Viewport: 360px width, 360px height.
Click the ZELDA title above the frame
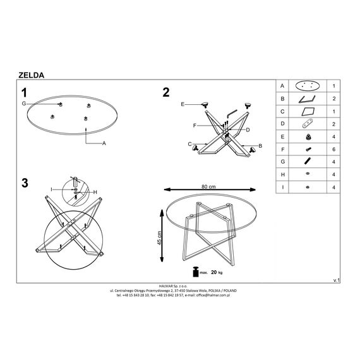(x=31, y=75)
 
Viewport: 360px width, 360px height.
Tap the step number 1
(x=24, y=93)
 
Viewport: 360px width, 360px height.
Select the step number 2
(x=165, y=92)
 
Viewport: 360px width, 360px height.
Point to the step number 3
(x=25, y=183)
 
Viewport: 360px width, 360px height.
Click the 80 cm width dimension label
(x=208, y=187)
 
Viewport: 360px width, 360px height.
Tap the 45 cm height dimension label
(x=160, y=238)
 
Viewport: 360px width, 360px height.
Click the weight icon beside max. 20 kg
(x=196, y=272)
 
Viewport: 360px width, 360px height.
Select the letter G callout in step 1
(x=24, y=104)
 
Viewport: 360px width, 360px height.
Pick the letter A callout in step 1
(x=104, y=143)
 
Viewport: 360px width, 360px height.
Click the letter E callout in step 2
(x=183, y=104)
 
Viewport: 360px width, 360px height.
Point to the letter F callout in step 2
(x=195, y=126)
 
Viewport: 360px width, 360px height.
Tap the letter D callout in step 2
(x=248, y=130)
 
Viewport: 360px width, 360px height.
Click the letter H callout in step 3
(x=95, y=192)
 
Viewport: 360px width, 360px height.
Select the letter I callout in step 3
(x=51, y=189)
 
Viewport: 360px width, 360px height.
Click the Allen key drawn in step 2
(x=231, y=113)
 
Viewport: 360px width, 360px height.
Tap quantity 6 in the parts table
(x=333, y=149)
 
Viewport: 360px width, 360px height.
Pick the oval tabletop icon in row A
(x=308, y=86)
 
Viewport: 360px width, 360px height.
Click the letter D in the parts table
(x=282, y=124)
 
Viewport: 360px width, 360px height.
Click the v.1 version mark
(x=337, y=280)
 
